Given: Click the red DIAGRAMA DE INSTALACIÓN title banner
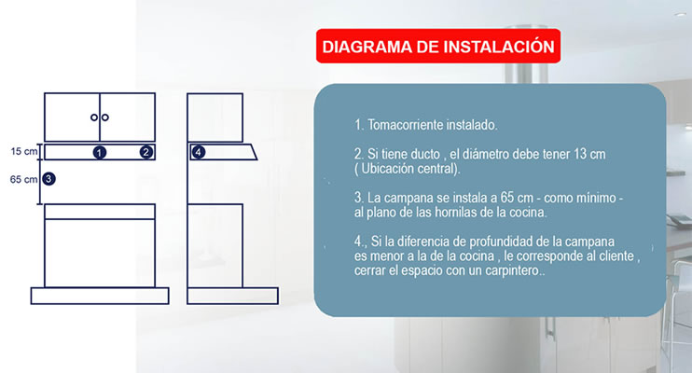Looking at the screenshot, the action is (438, 46).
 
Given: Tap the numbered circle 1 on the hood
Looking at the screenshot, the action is (100, 153).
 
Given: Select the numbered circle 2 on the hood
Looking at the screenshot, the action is (146, 152).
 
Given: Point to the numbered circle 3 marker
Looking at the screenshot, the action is (48, 179).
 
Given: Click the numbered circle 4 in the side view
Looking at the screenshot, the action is (199, 152).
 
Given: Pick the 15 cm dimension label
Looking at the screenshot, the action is (24, 151).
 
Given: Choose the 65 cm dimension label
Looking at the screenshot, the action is (24, 179).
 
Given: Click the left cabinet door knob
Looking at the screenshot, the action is (94, 117).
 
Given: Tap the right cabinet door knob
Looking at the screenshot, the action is (105, 117).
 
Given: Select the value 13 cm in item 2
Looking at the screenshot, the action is (589, 154).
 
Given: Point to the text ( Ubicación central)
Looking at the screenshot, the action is (407, 169).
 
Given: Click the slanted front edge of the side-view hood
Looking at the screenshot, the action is (254, 151).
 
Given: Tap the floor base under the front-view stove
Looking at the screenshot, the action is (100, 296).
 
